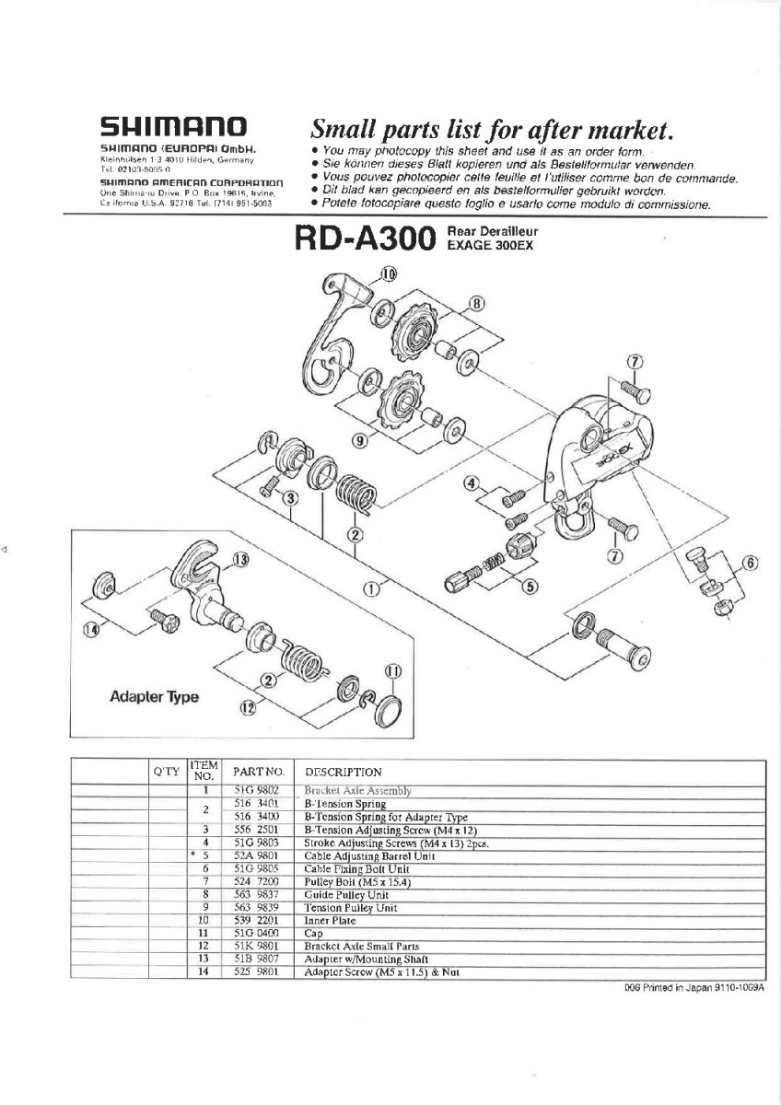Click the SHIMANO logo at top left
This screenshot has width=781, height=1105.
(x=172, y=126)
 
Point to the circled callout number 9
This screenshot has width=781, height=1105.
(x=360, y=440)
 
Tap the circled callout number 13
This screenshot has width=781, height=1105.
(x=240, y=560)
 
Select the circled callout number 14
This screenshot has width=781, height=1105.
(x=90, y=629)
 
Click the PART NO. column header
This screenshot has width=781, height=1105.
(x=257, y=771)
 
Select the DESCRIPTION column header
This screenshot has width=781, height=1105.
(x=343, y=772)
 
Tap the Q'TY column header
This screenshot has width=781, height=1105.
(x=165, y=772)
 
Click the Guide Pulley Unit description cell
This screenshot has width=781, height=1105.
(x=344, y=894)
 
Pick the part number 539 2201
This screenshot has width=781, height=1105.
(x=257, y=919)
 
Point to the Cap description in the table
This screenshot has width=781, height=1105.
(x=313, y=933)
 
